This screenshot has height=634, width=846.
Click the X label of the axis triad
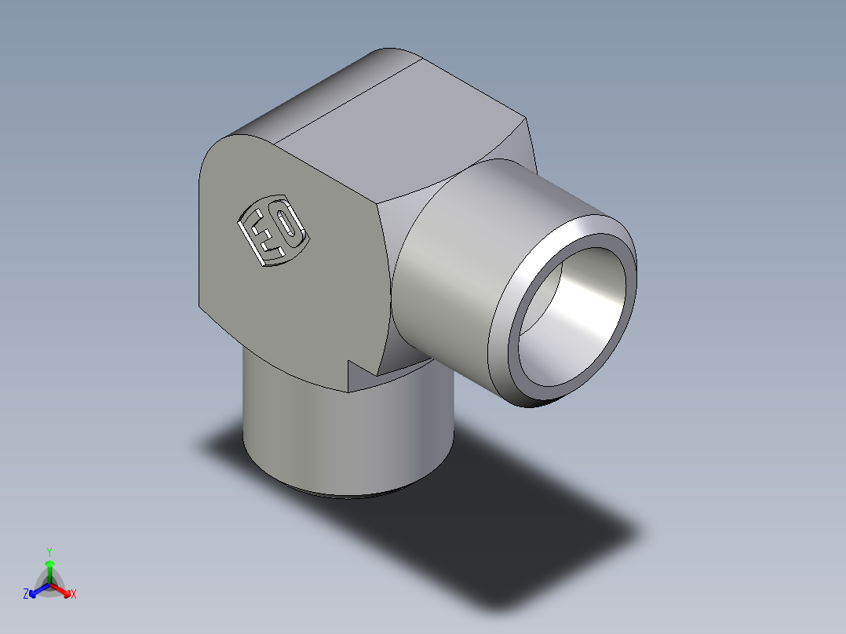point(74,595)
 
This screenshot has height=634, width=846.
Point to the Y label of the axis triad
point(49,552)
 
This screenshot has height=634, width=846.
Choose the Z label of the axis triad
point(26,594)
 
